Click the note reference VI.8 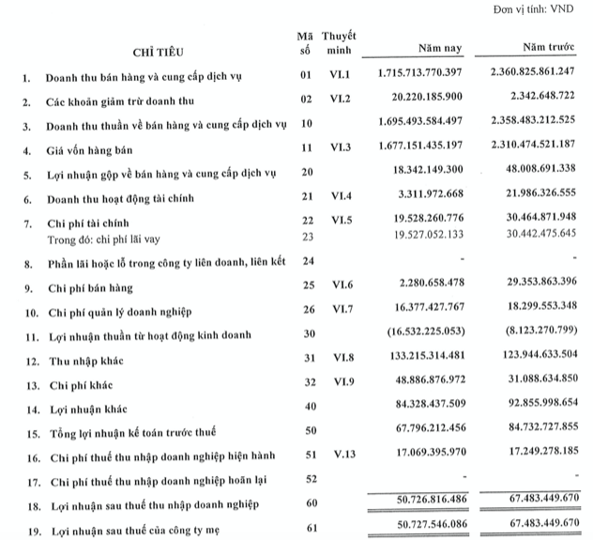339,357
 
